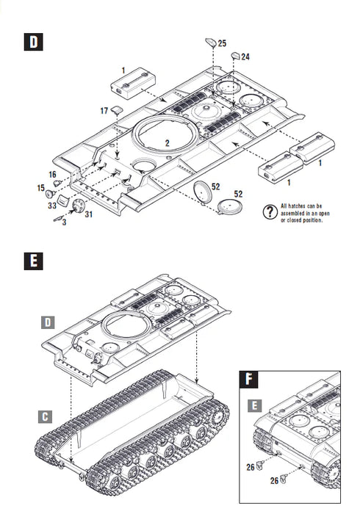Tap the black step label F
click(251, 380)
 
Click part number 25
click(223, 44)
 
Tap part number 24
click(245, 57)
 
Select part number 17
click(104, 111)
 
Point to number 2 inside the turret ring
click(168, 142)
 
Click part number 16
click(53, 174)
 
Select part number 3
click(63, 222)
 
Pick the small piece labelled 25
click(209, 43)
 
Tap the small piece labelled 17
click(116, 110)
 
